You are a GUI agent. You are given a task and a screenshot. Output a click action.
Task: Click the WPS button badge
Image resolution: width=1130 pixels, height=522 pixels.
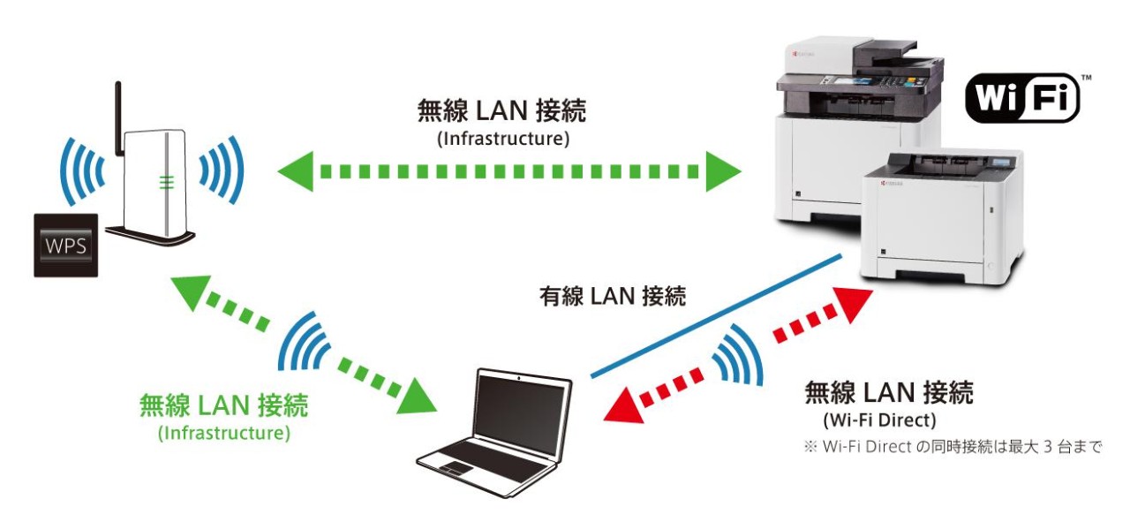[65, 245]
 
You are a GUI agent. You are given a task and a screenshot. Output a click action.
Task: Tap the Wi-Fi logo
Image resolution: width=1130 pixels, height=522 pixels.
[1022, 98]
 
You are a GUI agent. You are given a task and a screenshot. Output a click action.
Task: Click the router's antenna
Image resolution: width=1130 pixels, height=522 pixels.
[117, 115]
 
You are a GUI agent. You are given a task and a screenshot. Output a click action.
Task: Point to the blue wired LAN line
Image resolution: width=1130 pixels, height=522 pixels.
[715, 315]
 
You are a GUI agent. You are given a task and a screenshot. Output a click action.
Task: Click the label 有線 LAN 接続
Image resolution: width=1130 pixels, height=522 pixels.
[612, 297]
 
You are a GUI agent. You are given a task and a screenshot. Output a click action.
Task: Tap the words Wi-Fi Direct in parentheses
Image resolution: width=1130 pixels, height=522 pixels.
[879, 420]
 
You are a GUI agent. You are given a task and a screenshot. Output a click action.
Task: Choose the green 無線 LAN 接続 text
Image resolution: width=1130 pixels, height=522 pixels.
[223, 406]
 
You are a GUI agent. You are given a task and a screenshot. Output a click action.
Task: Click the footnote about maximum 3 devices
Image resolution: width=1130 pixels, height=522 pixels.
[953, 447]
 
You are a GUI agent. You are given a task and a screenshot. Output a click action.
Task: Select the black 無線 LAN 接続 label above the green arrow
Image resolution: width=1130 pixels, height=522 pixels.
[501, 111]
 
